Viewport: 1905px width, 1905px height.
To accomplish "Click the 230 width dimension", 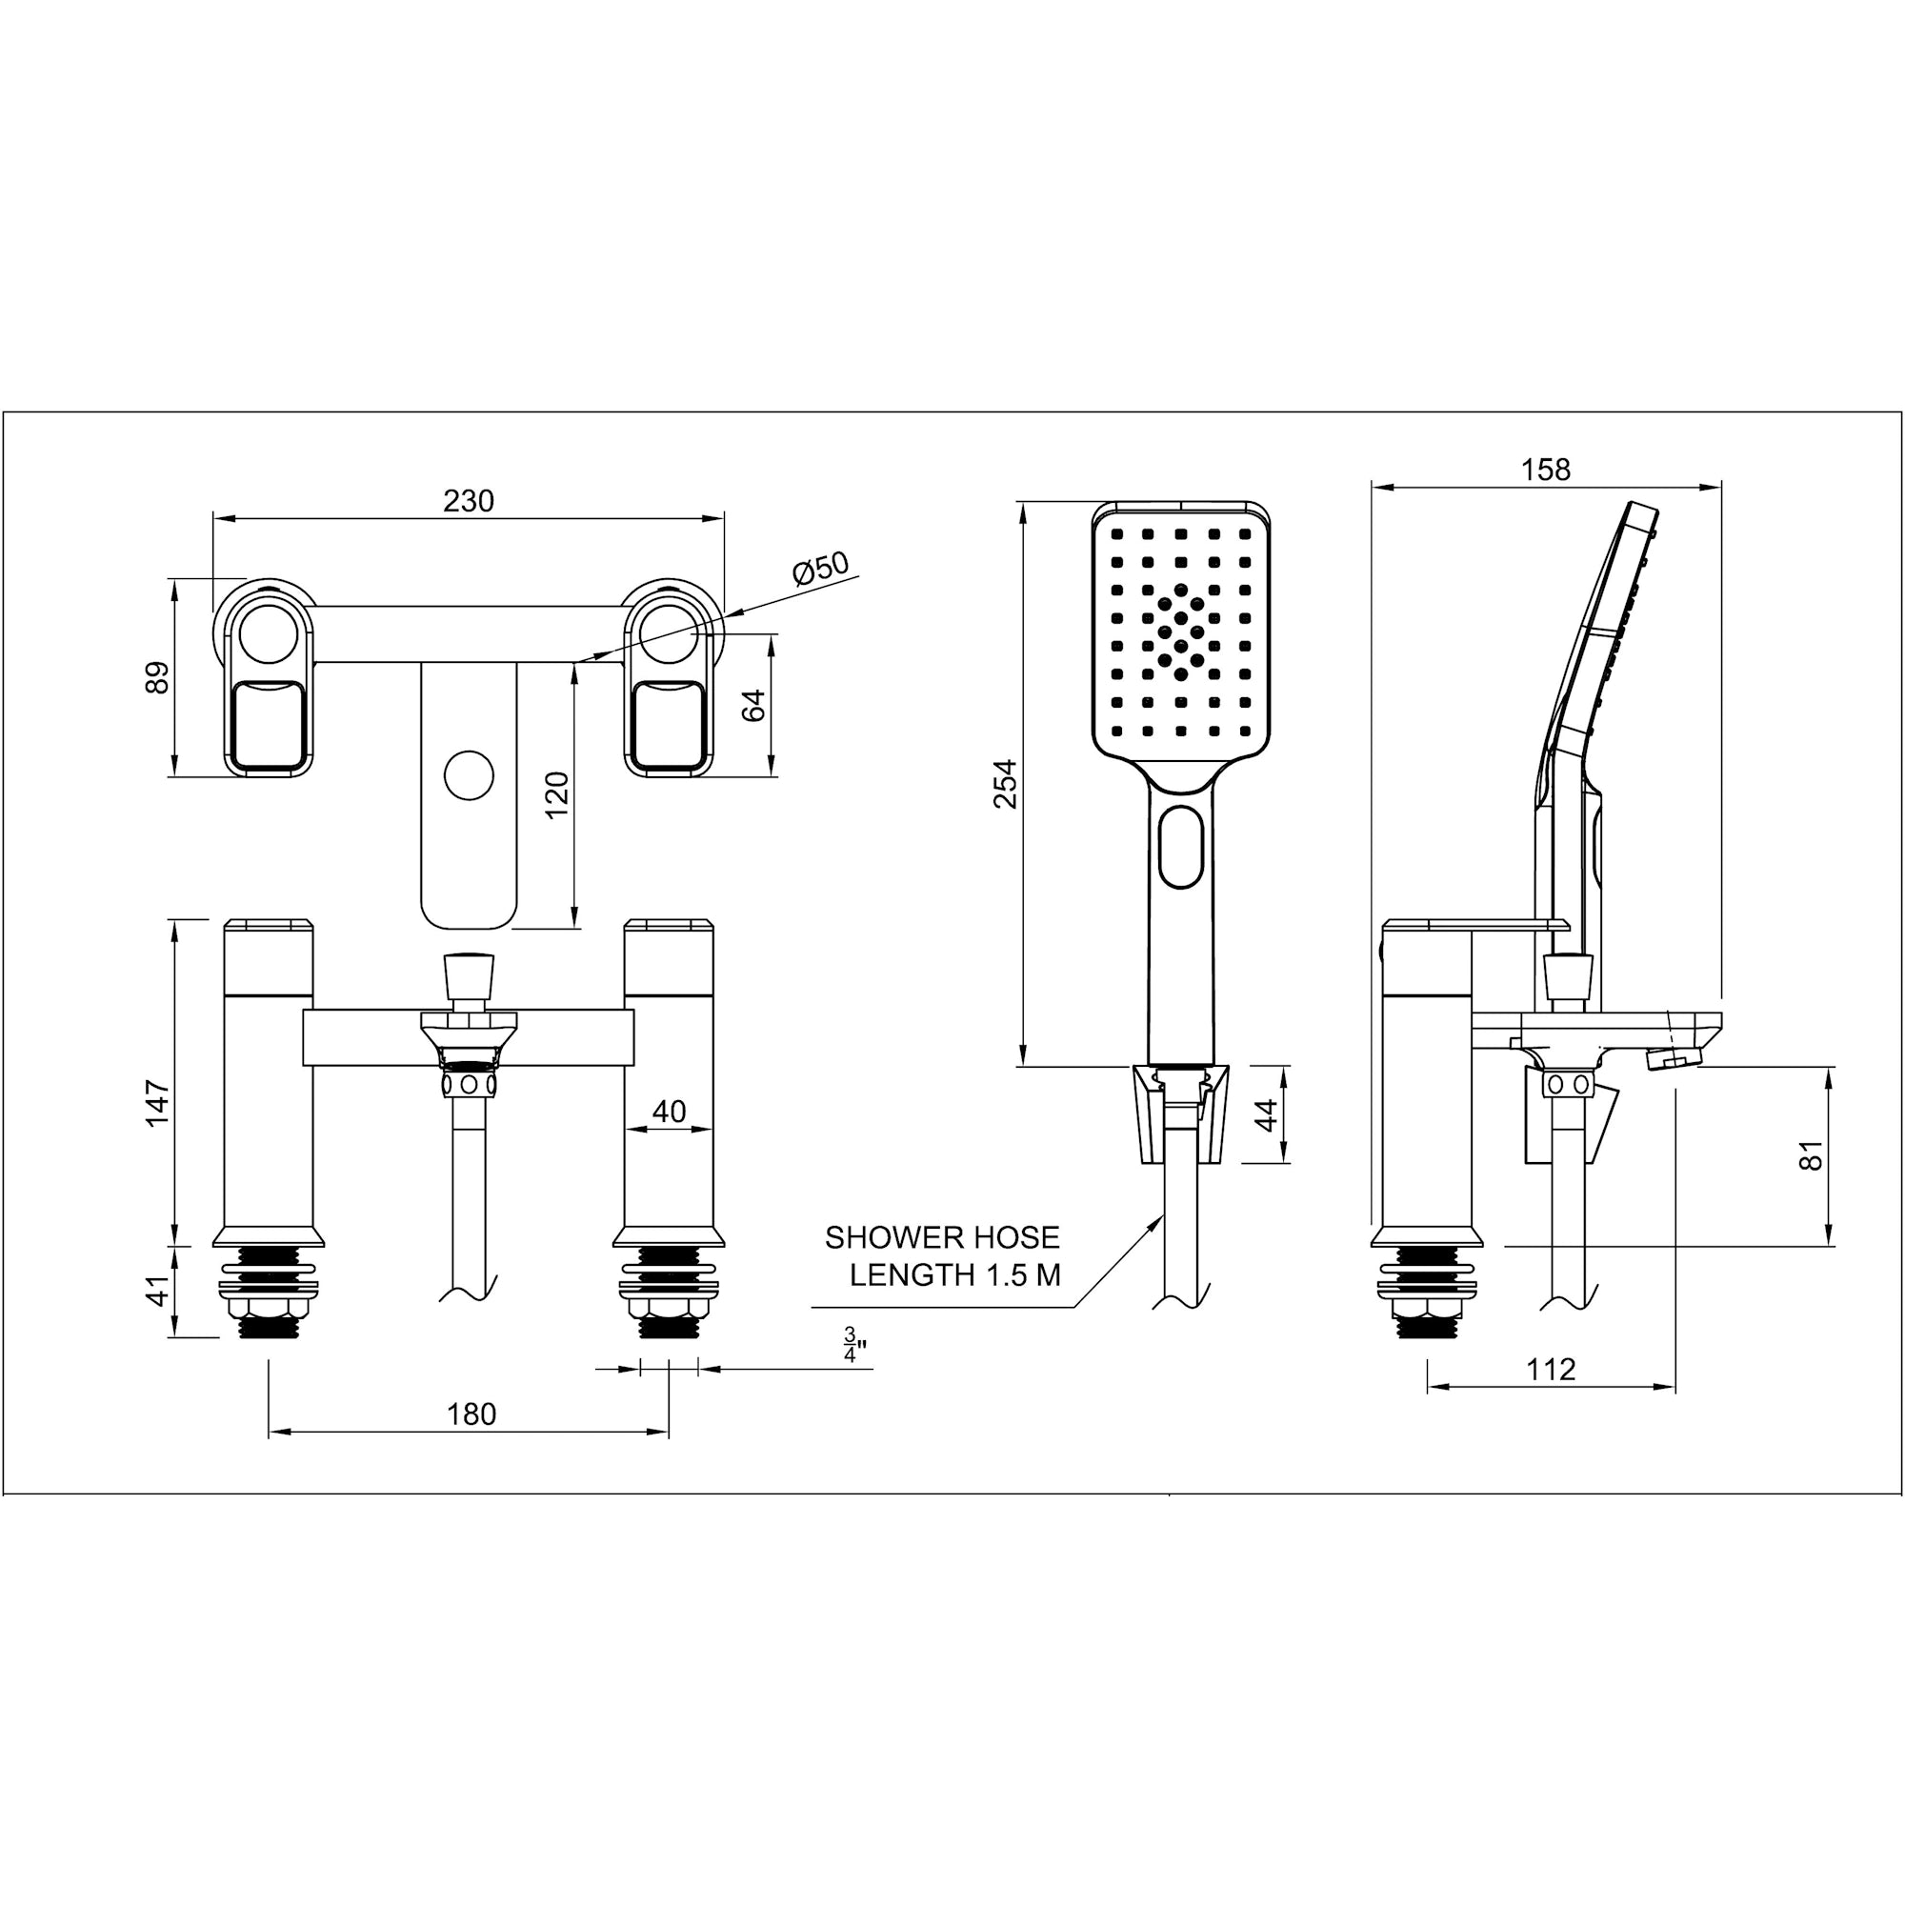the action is tap(469, 502).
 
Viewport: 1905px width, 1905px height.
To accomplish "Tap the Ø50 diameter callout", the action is tap(820, 569).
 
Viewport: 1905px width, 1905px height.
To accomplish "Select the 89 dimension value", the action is tap(157, 677).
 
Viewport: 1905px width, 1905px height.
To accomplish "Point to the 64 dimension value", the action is tap(753, 705).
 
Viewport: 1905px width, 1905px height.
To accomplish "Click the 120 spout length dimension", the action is tap(557, 794).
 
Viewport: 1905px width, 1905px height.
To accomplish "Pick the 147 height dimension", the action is tap(158, 1103).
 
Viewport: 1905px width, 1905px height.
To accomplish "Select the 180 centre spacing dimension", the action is tap(471, 1415).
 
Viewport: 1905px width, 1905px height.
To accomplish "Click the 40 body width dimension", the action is tap(669, 1112).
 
